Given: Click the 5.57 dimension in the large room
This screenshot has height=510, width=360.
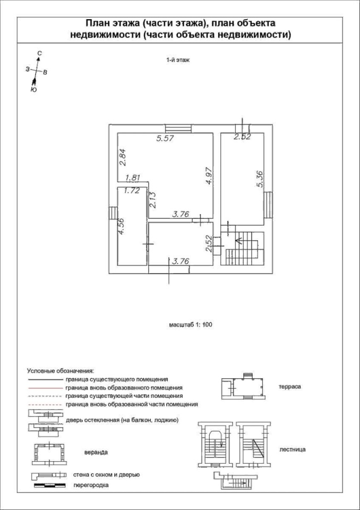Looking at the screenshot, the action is [166, 138].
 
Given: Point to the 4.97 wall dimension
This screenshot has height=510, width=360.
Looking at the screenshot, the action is [209, 176].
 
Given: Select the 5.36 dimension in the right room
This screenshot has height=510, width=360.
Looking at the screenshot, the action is [260, 180].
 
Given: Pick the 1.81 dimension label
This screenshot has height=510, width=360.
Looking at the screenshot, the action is [133, 178].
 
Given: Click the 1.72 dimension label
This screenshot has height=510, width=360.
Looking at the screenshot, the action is [132, 191].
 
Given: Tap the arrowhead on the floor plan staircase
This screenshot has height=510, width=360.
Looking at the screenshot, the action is [238, 241].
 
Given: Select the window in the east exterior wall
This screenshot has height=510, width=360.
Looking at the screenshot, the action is [268, 205].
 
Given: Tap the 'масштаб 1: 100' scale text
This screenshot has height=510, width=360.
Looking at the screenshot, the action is [191, 325].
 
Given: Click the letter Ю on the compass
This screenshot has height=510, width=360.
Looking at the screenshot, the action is [33, 90].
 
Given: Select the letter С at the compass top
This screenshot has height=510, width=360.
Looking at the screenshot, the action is [39, 53].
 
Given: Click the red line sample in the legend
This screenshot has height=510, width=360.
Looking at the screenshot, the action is [45, 388].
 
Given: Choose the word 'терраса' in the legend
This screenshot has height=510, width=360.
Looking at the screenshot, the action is [289, 387].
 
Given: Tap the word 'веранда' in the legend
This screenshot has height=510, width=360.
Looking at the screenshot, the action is [96, 453].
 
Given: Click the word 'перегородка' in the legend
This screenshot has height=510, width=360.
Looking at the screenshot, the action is [91, 485].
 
